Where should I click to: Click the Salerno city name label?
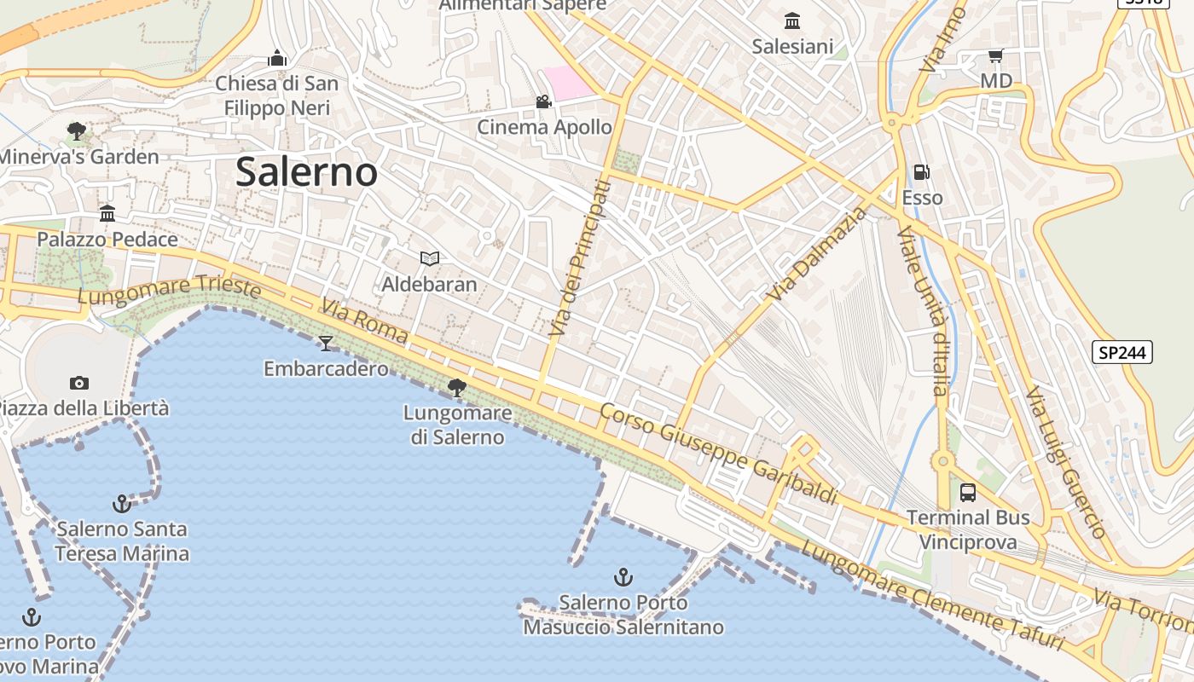coord(306,172)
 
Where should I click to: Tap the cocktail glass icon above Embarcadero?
coord(326,344)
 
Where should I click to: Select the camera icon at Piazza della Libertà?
coord(79,383)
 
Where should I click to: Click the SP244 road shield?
coord(1122,352)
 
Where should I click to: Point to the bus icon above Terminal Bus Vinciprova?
coord(968,492)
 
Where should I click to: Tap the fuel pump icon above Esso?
coord(922,172)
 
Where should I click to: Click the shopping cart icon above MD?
coord(995,56)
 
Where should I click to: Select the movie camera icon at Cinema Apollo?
coord(543,102)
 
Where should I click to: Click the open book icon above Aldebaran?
coord(430,258)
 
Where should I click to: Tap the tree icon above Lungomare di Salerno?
coord(457,388)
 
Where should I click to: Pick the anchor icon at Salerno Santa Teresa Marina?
coord(122,504)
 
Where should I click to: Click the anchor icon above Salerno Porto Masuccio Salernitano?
coord(623,577)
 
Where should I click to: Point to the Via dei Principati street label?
coord(581,257)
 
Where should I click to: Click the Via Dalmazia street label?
coord(816,253)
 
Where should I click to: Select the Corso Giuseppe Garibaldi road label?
coord(717,454)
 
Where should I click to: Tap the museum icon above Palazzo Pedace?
coord(107,213)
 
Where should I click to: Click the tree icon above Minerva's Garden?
coord(77,131)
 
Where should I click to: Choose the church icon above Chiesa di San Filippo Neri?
coord(276,58)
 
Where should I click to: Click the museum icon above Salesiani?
coord(792,20)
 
